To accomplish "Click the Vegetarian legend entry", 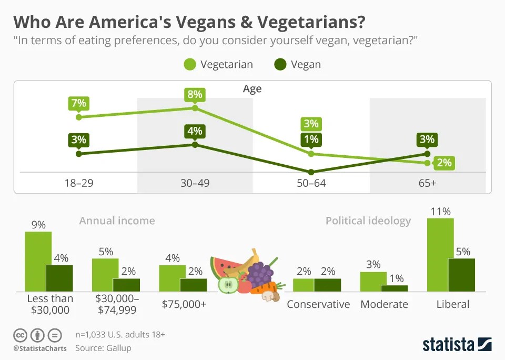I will click(218, 65).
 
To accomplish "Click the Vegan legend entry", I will click(297, 65).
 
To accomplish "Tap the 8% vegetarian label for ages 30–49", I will click(195, 95).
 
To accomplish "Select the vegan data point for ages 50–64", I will click(311, 172).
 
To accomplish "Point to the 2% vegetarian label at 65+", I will click(443, 163).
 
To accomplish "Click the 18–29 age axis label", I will click(78, 184).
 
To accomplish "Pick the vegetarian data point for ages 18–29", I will click(79, 117).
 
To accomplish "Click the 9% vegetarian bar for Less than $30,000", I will click(38, 262).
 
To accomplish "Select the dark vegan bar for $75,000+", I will click(193, 285).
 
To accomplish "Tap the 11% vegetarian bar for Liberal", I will click(440, 255).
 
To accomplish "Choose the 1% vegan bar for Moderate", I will click(394, 288).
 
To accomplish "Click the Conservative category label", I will click(318, 304).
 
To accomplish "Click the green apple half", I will click(228, 285).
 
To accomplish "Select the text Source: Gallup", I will click(103, 348).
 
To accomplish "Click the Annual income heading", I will click(117, 221).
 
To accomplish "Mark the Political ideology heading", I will click(368, 221).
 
